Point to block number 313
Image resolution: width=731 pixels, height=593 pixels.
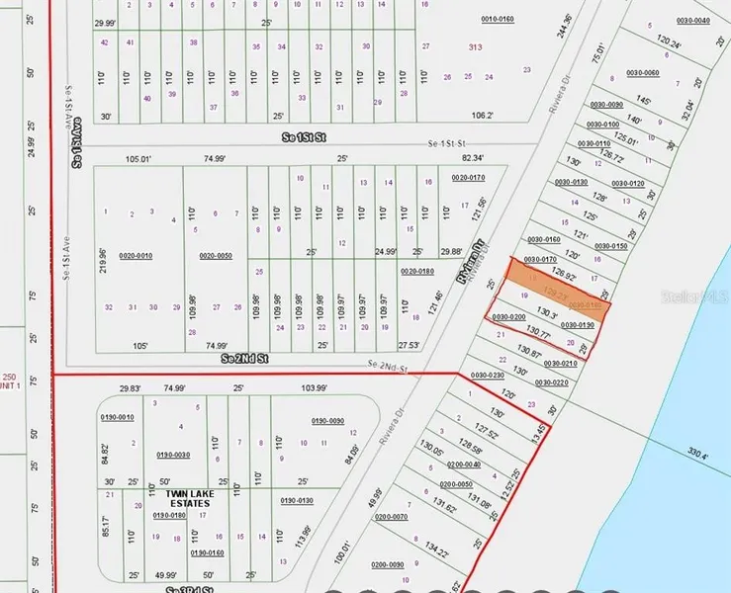pyautogui.click(x=475, y=46)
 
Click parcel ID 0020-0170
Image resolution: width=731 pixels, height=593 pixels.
pyautogui.click(x=467, y=177)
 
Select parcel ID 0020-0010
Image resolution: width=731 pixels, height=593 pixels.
pyautogui.click(x=136, y=256)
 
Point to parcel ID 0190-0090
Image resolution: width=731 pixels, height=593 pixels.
pyautogui.click(x=327, y=421)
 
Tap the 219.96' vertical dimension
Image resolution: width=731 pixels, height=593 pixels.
pyautogui.click(x=103, y=259)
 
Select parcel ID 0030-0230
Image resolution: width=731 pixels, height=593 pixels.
pyautogui.click(x=487, y=376)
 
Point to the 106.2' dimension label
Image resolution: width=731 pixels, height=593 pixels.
pyautogui.click(x=482, y=115)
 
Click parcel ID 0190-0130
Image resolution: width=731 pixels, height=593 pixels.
pyautogui.click(x=296, y=501)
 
